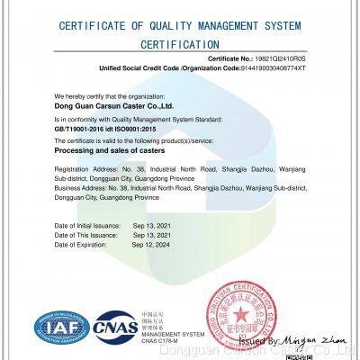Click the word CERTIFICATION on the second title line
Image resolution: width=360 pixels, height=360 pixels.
179,42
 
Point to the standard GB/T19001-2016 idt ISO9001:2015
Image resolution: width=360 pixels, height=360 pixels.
105,128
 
